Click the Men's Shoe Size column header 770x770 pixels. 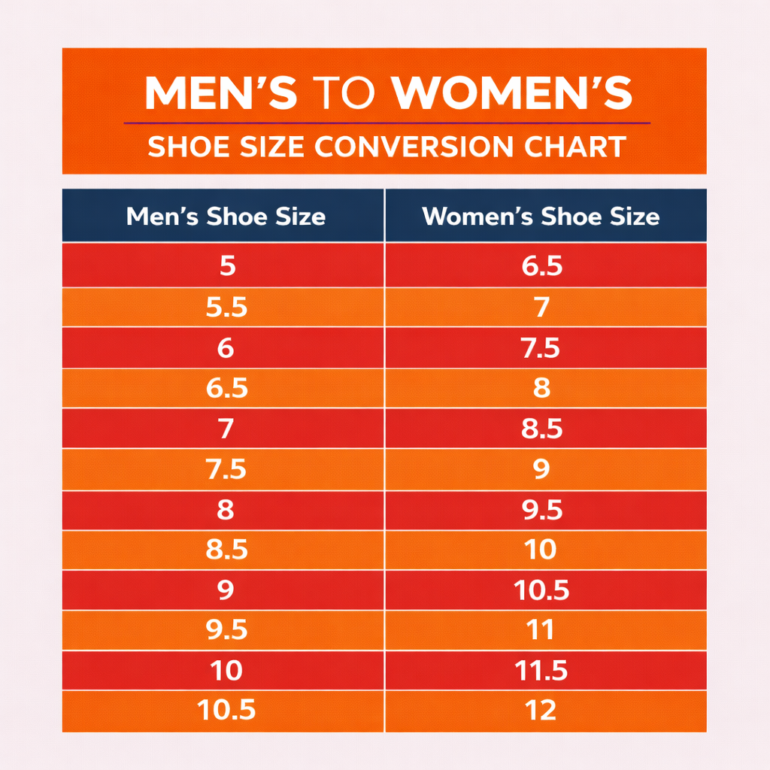coord(226,217)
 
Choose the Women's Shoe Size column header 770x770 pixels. coord(541,217)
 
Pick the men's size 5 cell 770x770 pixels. coord(225,266)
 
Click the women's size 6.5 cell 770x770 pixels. coord(541,266)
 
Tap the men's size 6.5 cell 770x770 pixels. coord(226,388)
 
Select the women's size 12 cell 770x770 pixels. coord(541,710)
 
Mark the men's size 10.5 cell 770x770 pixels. coord(226,710)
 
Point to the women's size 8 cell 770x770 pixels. coord(541,388)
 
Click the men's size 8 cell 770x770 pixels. coord(225,510)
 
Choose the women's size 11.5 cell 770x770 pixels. coord(541,670)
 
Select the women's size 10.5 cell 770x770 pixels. coord(541,590)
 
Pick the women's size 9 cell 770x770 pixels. coord(541,469)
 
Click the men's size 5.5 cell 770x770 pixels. coord(226,308)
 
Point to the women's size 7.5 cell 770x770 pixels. coord(541,348)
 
